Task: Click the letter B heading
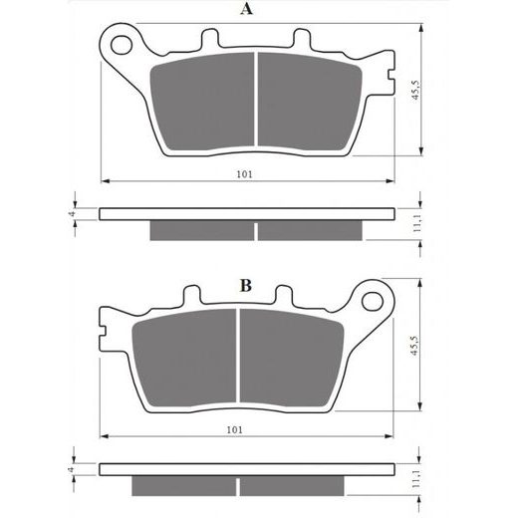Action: pyautogui.click(x=243, y=286)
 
